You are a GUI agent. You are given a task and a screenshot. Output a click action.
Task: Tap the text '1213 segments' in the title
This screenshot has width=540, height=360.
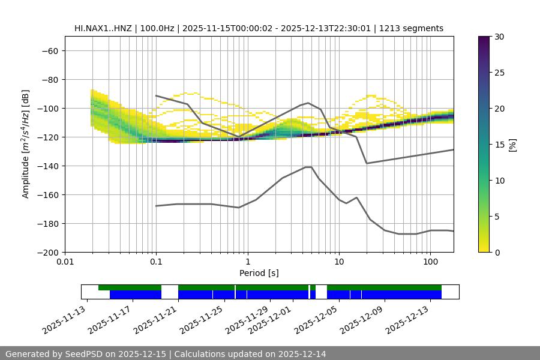click(415, 28)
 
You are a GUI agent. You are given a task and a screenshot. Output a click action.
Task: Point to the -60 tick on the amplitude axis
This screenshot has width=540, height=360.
click(49, 50)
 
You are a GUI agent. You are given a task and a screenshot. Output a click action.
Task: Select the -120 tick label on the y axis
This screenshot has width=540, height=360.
click(47, 137)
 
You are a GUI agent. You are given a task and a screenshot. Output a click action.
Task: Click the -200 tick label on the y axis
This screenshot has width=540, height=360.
click(47, 252)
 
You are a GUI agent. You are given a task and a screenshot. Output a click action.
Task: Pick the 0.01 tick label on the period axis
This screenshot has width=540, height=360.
click(65, 262)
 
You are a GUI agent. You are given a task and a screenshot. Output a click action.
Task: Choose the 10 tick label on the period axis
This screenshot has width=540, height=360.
click(339, 262)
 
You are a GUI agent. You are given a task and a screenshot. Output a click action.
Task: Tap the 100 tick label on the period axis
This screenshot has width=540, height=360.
click(430, 262)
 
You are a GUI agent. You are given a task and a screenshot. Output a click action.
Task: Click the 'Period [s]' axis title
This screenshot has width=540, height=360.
click(259, 273)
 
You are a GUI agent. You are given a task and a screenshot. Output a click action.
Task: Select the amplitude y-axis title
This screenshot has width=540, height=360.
click(26, 144)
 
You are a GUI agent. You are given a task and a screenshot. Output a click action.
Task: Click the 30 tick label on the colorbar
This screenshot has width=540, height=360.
click(499, 37)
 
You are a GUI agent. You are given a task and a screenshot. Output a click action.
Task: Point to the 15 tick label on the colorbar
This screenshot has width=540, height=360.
click(499, 145)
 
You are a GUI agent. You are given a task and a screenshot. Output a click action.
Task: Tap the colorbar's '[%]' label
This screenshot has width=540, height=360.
click(512, 145)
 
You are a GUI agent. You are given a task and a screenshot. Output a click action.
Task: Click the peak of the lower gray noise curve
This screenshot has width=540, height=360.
click(308, 167)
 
